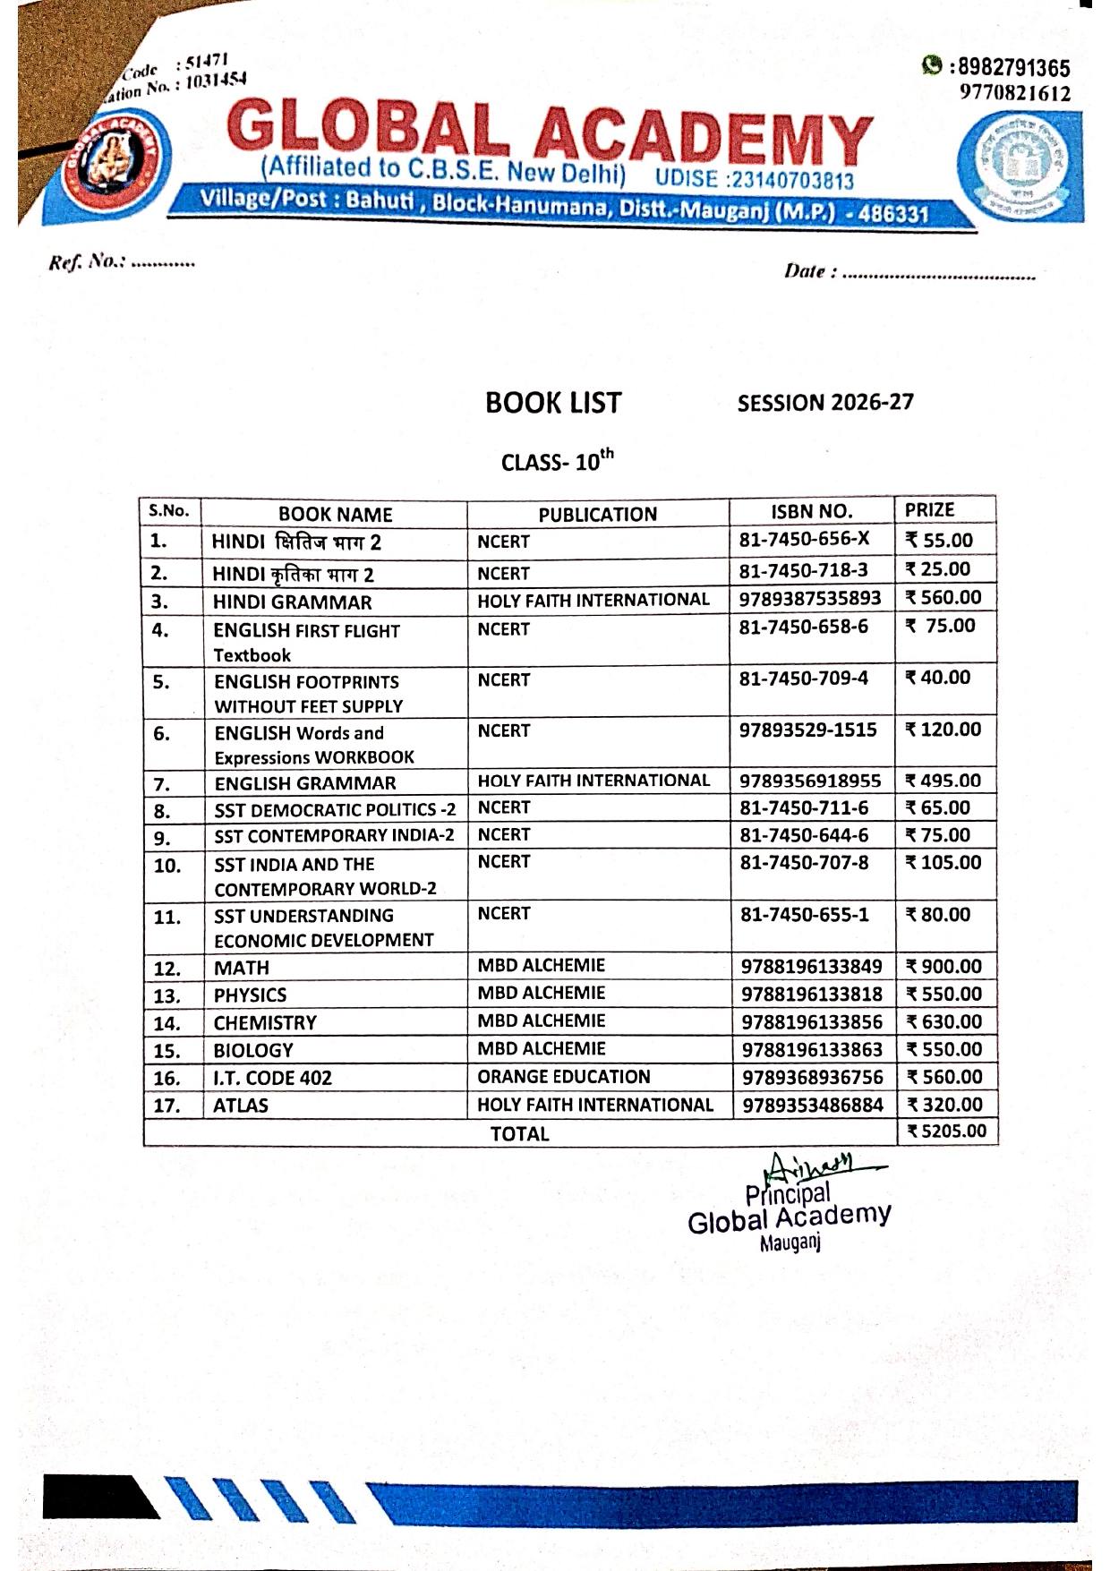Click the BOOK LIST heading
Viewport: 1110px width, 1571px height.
point(552,403)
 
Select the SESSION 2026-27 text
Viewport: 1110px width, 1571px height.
point(824,403)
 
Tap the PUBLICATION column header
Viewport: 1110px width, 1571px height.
point(597,514)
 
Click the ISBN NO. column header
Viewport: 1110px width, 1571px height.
point(811,511)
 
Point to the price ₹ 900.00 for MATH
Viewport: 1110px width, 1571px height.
point(944,967)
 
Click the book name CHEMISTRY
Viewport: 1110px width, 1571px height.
point(265,1022)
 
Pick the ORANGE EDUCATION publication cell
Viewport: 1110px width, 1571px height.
point(563,1077)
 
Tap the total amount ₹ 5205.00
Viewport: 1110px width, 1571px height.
point(947,1131)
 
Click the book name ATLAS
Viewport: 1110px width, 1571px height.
point(240,1106)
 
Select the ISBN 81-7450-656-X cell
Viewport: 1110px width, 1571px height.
point(804,539)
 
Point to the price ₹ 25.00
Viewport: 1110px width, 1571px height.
point(938,569)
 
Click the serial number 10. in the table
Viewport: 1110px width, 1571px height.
point(167,866)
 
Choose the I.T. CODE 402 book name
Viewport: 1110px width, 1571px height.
point(272,1078)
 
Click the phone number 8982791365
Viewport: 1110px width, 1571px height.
point(1011,68)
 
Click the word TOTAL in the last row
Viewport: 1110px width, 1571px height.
point(519,1133)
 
